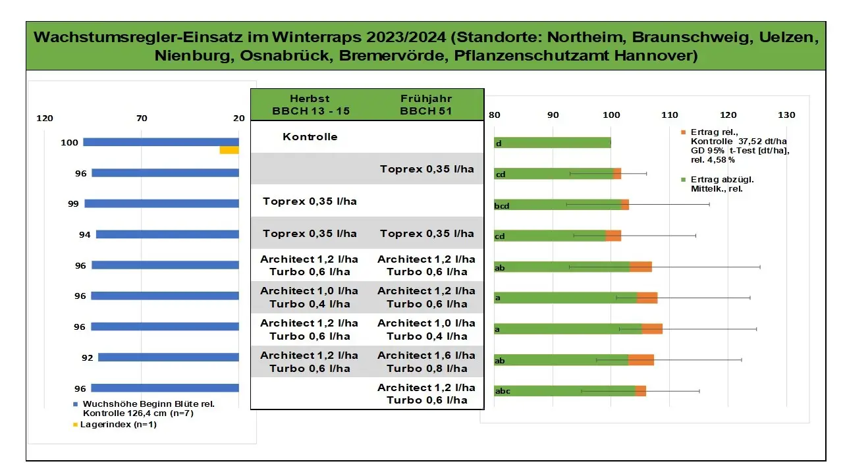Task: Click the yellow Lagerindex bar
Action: [x=229, y=151]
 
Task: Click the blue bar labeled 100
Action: [x=161, y=142]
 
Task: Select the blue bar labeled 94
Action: [x=167, y=234]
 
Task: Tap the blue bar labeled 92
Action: [x=168, y=357]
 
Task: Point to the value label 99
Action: [x=73, y=204]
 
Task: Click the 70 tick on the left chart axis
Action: [x=142, y=118]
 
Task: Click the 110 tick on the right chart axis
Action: [x=670, y=115]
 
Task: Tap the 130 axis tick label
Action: [x=786, y=115]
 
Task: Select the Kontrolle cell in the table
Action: [x=310, y=137]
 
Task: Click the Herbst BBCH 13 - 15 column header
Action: [x=310, y=105]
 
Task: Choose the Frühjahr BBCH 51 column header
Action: [x=426, y=105]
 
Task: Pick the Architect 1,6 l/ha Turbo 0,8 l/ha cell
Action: [x=426, y=361]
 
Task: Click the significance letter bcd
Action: [x=502, y=206]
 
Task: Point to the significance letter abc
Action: [x=502, y=392]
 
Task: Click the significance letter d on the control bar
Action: [x=499, y=144]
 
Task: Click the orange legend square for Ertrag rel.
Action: [x=684, y=132]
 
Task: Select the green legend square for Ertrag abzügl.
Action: [x=684, y=179]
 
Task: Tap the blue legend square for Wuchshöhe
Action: [x=76, y=404]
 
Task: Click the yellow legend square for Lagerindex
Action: [x=76, y=425]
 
